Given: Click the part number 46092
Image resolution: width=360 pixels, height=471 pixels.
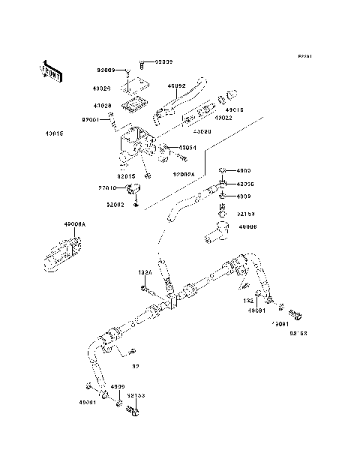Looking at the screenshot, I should pos(176,87).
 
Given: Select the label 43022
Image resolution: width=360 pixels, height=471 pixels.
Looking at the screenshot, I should pos(223,118).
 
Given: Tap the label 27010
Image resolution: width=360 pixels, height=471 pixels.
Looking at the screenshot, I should pos(108,189).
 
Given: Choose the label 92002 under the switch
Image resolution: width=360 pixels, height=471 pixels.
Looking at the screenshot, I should pos(114,205).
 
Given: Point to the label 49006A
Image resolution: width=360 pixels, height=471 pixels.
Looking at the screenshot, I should pos(75,224).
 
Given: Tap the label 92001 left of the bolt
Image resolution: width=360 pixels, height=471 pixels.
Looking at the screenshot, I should pos(91,118).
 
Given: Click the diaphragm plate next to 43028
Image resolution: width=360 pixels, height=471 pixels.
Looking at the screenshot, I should pos(133,103).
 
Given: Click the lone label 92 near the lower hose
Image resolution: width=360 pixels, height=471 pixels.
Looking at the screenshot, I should pos(136,367).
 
